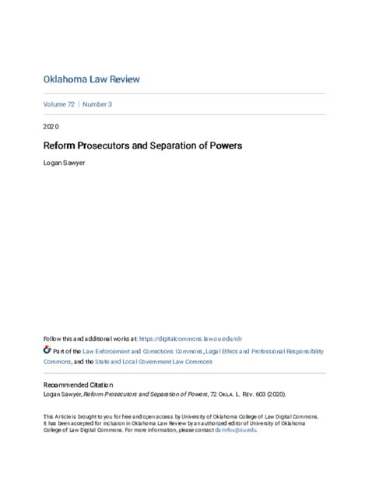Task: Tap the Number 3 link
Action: [99, 104]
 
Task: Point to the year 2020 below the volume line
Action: [51, 126]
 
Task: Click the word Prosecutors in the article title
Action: [108, 146]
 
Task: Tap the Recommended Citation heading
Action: [78, 385]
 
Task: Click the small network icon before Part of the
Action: [47, 352]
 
